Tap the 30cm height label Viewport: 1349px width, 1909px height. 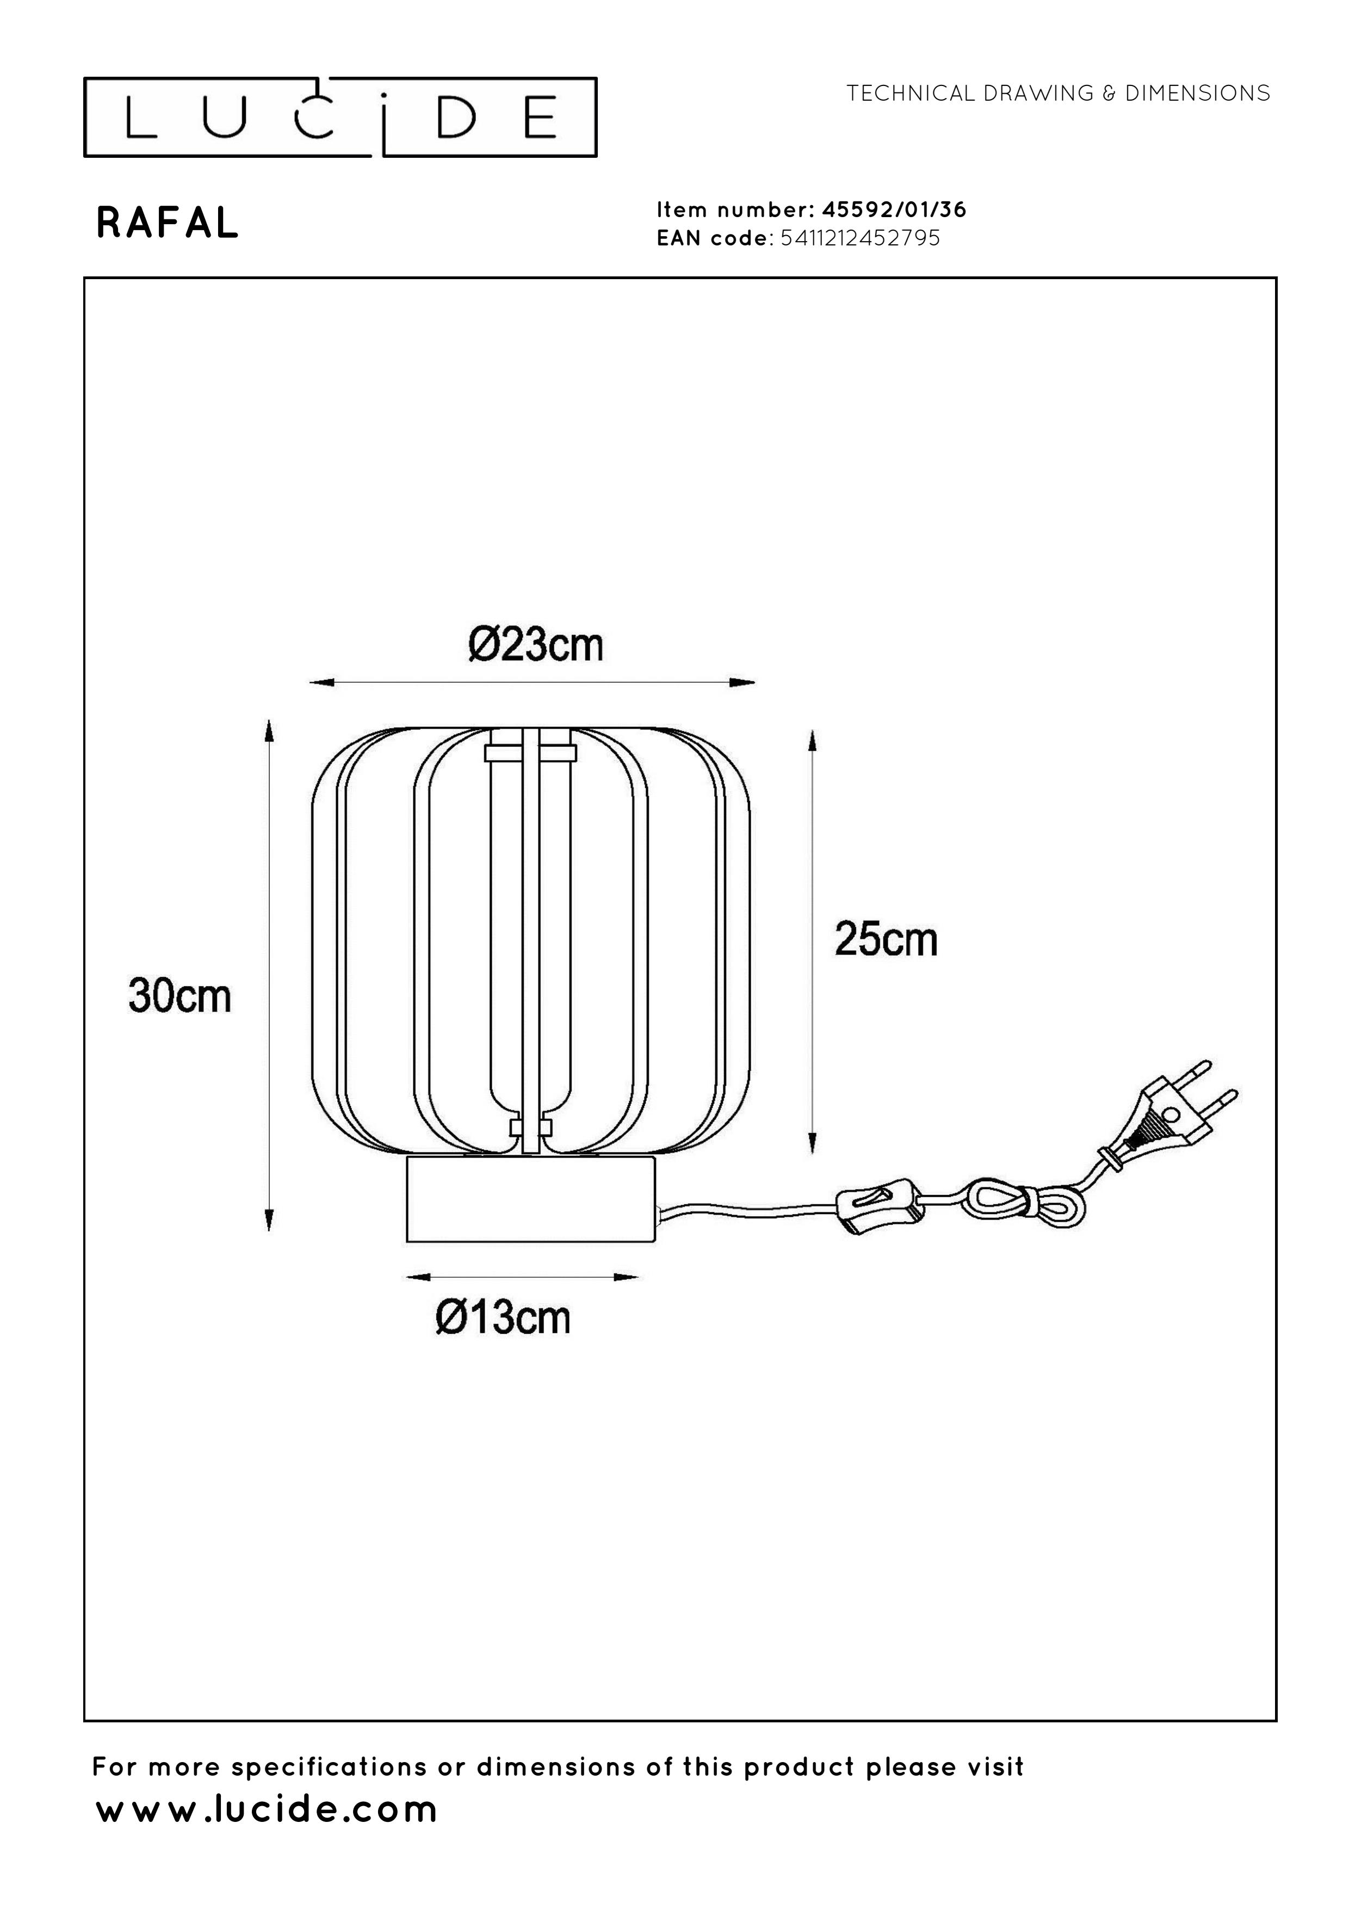point(180,995)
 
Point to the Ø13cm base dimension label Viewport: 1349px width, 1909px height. point(503,1318)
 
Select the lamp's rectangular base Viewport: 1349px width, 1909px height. point(530,1198)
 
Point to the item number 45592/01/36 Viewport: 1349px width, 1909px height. point(894,210)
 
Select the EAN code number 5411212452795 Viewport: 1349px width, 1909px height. point(861,238)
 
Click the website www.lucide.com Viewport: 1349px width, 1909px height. point(267,1810)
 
